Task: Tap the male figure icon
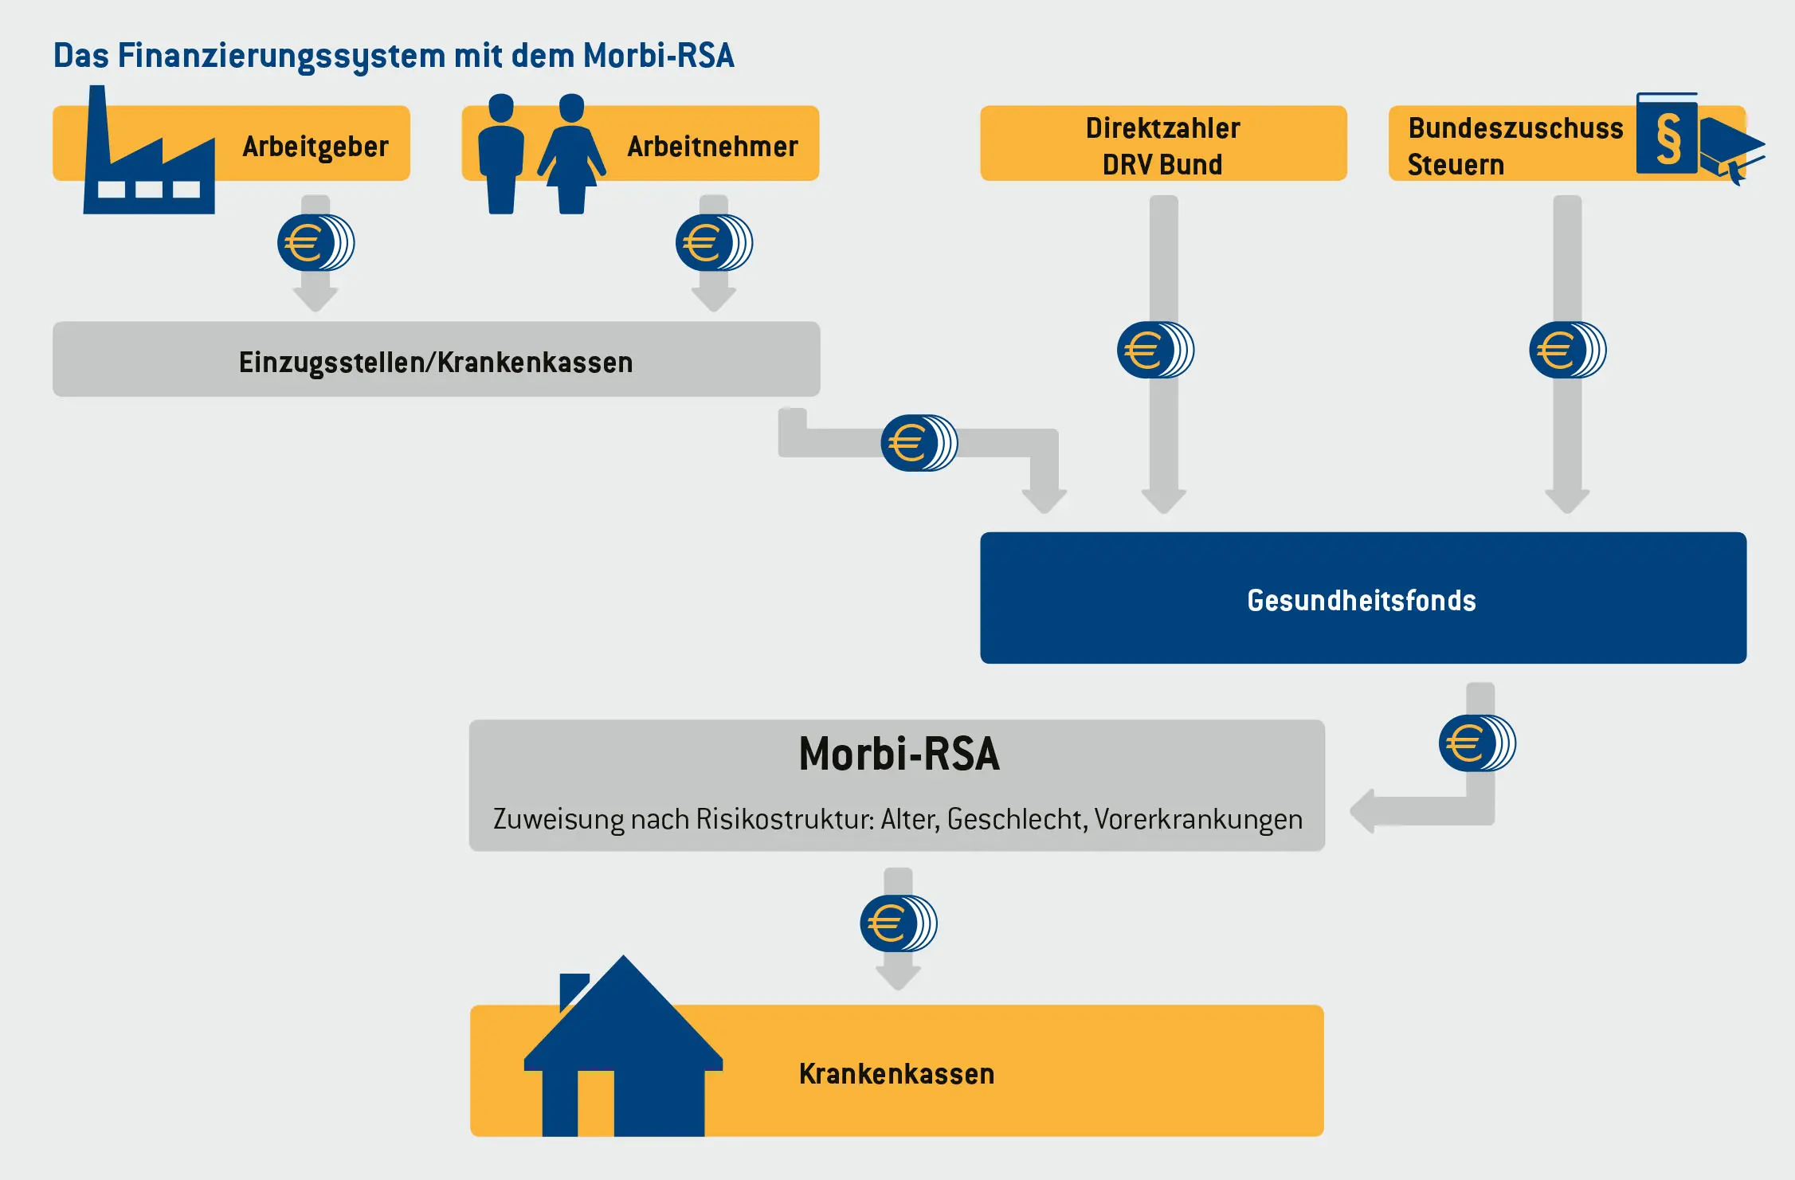[501, 155]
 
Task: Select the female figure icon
[571, 155]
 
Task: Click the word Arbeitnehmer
[712, 147]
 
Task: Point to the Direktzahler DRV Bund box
[1162, 144]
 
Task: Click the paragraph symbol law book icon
[1667, 134]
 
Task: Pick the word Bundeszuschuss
[1515, 128]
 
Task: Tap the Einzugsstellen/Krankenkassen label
[436, 363]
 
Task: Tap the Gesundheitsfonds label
[1361, 600]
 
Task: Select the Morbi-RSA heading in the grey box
[899, 754]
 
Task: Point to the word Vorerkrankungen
[1198, 819]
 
